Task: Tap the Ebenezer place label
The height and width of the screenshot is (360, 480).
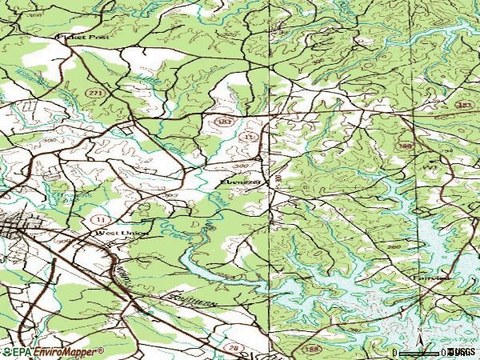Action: point(237,182)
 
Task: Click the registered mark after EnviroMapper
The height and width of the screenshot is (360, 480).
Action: point(101,350)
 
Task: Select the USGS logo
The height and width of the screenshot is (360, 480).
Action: point(461,351)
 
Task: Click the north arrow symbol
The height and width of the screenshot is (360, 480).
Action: point(419,333)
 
